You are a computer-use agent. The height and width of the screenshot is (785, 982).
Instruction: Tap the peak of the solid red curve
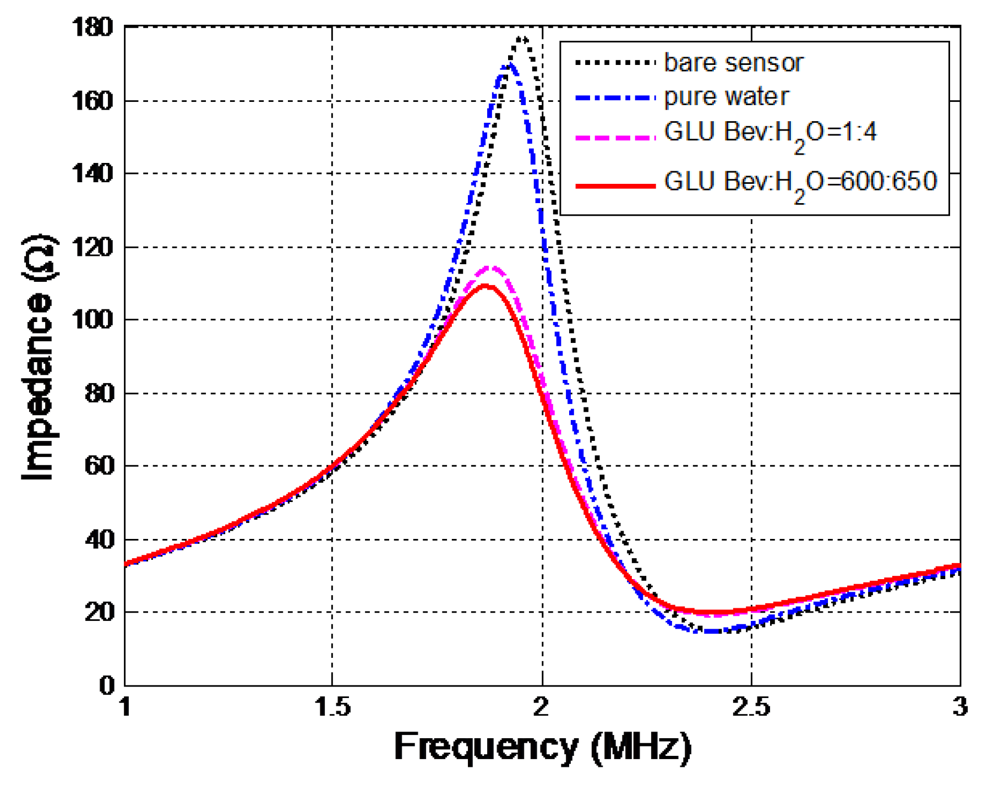pos(485,286)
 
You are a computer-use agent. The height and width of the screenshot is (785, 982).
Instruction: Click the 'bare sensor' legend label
pos(733,63)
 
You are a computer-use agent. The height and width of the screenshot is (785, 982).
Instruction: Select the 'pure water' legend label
pos(726,97)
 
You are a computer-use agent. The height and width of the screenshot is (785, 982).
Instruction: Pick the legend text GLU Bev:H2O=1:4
pos(770,134)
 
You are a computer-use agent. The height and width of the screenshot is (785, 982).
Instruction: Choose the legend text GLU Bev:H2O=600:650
pos(800,183)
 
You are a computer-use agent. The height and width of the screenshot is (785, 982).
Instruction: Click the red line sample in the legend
pos(615,186)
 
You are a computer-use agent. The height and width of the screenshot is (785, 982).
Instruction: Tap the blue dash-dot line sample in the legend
pos(615,98)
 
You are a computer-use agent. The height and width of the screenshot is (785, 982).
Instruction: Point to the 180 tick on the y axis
pos(92,28)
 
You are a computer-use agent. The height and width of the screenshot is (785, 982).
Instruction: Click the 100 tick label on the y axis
pos(92,320)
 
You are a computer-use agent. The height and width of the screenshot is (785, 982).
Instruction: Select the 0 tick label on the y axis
pos(107,685)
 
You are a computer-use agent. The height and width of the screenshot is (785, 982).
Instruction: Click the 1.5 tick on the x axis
pos(332,706)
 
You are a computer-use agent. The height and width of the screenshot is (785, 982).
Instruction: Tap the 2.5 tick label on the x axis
pos(750,706)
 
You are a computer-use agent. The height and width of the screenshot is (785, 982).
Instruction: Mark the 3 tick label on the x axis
pos(959,706)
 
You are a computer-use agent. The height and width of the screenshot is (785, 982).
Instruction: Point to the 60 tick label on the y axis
pos(99,466)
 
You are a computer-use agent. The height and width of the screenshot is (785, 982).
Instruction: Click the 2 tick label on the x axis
pos(542,706)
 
